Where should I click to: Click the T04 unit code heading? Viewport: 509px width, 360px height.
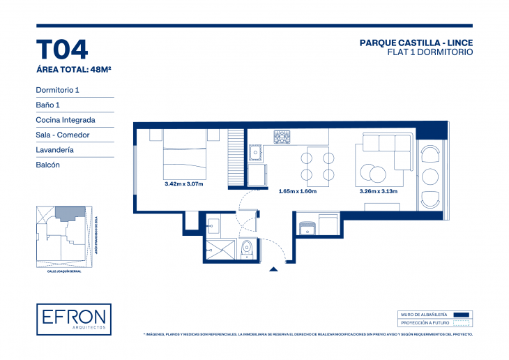tap(61, 50)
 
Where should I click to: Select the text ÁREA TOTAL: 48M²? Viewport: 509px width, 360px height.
tap(74, 69)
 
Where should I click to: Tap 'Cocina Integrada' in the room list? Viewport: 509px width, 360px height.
tap(66, 120)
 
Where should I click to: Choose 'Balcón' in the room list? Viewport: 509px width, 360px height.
tap(47, 165)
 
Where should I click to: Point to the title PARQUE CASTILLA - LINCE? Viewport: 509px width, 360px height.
tap(416, 43)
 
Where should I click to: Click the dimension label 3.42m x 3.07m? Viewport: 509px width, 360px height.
tap(183, 184)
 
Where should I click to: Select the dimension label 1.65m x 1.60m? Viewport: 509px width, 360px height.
tap(297, 191)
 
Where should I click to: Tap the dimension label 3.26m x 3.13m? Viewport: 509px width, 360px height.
tap(378, 191)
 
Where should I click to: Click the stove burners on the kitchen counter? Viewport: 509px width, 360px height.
tap(282, 137)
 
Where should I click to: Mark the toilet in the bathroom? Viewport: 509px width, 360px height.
tap(246, 250)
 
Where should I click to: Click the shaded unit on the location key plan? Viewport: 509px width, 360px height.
tap(68, 213)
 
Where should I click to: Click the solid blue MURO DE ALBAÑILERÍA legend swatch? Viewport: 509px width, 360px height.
tap(462, 315)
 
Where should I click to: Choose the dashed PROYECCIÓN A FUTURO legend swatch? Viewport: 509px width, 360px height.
tap(462, 323)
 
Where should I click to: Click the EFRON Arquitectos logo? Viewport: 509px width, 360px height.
tap(74, 320)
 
